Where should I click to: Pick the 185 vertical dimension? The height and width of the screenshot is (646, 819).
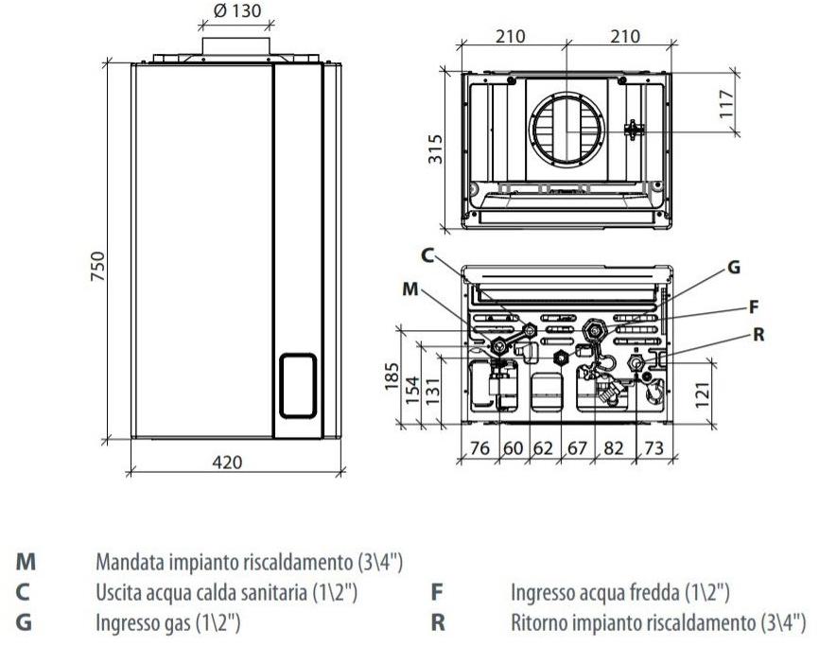(x=389, y=376)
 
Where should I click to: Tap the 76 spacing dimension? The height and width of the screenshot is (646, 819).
(x=479, y=447)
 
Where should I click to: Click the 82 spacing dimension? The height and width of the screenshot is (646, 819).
(x=612, y=447)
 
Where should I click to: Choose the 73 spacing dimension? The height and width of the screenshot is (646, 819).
(x=653, y=447)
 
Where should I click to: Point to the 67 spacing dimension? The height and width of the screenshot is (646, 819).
(x=577, y=447)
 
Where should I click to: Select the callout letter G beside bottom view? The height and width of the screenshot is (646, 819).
(x=733, y=268)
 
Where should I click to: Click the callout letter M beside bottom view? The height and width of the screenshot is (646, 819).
(x=409, y=289)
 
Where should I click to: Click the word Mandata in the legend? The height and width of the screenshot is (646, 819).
(x=128, y=561)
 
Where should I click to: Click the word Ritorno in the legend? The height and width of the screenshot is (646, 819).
(x=538, y=623)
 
